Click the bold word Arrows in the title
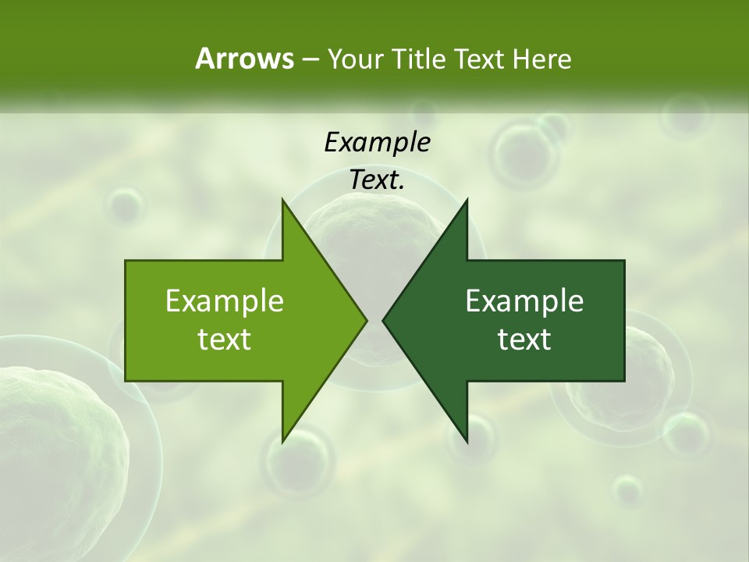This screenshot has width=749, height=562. (x=243, y=59)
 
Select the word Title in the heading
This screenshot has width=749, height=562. (x=421, y=59)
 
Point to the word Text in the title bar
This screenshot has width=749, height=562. (x=481, y=59)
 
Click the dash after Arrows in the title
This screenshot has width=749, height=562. (x=310, y=60)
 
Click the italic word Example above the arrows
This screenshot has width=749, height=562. (x=377, y=143)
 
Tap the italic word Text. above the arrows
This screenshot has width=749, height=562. (x=377, y=180)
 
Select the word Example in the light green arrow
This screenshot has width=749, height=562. (x=225, y=301)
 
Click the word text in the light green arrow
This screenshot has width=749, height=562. (x=225, y=340)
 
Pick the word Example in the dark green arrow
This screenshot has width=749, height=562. (x=524, y=301)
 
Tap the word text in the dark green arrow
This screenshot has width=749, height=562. (x=524, y=340)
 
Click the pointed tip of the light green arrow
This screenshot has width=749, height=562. (x=366, y=320)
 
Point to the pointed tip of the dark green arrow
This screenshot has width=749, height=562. (x=383, y=320)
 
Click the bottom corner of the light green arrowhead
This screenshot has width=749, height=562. (x=283, y=441)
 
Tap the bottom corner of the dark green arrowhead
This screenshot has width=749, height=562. (x=467, y=441)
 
